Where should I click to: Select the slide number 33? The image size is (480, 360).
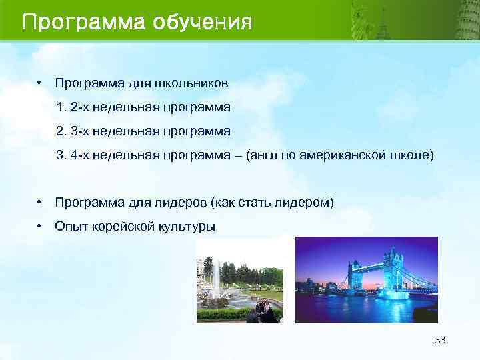439,340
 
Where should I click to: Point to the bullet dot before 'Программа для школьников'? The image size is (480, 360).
41,83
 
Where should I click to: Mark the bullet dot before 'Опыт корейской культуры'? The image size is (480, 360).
41,226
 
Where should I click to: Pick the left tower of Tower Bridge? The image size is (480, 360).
353,277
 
